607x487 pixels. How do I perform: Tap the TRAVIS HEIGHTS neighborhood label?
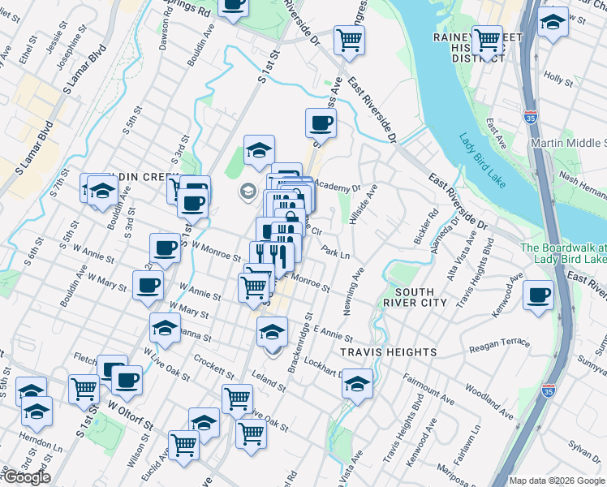point(389,352)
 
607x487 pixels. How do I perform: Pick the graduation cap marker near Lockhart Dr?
point(357,382)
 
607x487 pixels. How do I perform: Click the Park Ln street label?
point(335,253)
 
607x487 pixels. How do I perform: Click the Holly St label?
point(559,79)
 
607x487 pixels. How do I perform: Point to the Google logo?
point(26,477)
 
